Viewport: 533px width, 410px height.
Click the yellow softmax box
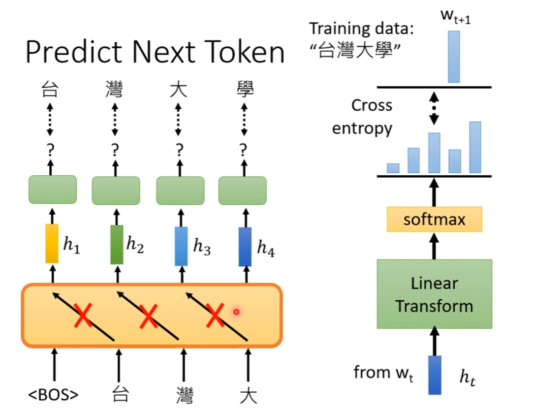(434, 219)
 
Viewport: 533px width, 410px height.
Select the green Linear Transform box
(434, 294)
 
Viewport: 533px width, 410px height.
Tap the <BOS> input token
(54, 395)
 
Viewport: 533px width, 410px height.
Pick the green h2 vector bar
(117, 245)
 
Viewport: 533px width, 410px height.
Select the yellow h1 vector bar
(52, 244)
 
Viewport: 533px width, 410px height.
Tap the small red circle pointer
(236, 312)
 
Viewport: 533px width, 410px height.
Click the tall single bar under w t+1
(453, 57)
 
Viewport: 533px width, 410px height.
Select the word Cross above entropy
(372, 105)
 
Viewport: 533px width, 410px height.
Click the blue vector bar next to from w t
(435, 375)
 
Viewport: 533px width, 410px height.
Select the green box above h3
(180, 190)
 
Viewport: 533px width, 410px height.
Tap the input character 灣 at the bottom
(184, 395)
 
